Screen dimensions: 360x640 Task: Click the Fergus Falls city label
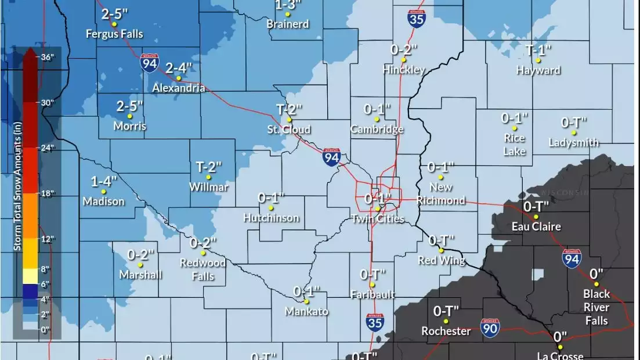114,34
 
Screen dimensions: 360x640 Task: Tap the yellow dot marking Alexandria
179,78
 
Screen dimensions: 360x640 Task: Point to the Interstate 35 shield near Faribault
375,323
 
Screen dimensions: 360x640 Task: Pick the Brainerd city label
288,24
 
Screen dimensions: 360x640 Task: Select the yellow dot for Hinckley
403,59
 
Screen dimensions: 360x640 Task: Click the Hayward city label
538,71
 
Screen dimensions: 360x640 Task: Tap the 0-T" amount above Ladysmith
574,123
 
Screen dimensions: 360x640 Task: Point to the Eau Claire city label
536,226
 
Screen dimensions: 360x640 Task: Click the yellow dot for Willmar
208,178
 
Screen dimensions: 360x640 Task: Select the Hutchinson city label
272,218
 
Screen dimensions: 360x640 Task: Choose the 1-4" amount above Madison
104,181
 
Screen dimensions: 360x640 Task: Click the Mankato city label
306,312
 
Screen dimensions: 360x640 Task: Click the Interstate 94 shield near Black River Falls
572,259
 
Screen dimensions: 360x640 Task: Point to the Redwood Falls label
203,269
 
